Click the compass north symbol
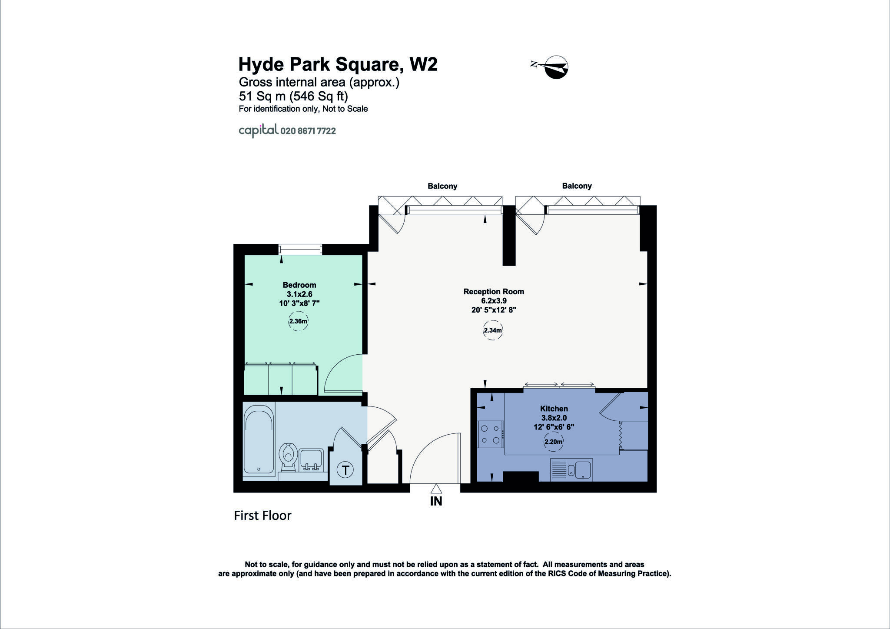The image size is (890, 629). (x=555, y=67)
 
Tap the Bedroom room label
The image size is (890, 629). (x=299, y=285)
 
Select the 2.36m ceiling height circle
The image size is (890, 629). (x=298, y=322)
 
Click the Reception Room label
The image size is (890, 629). (x=494, y=292)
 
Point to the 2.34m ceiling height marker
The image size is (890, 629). (x=493, y=330)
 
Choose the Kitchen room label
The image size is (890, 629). (x=554, y=409)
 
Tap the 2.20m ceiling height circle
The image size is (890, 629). (x=553, y=442)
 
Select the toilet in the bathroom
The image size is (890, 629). (x=288, y=456)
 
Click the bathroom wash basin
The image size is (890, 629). (x=311, y=459)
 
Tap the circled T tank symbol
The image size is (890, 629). (x=345, y=470)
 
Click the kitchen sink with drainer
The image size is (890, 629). (x=571, y=469)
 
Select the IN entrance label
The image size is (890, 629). (x=436, y=501)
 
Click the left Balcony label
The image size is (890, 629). (x=442, y=186)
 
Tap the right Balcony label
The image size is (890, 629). (x=577, y=186)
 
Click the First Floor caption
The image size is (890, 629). (x=262, y=516)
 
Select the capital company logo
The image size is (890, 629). (x=258, y=130)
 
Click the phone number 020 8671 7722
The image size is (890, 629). (x=308, y=131)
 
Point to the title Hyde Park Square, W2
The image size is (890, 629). (x=338, y=64)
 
